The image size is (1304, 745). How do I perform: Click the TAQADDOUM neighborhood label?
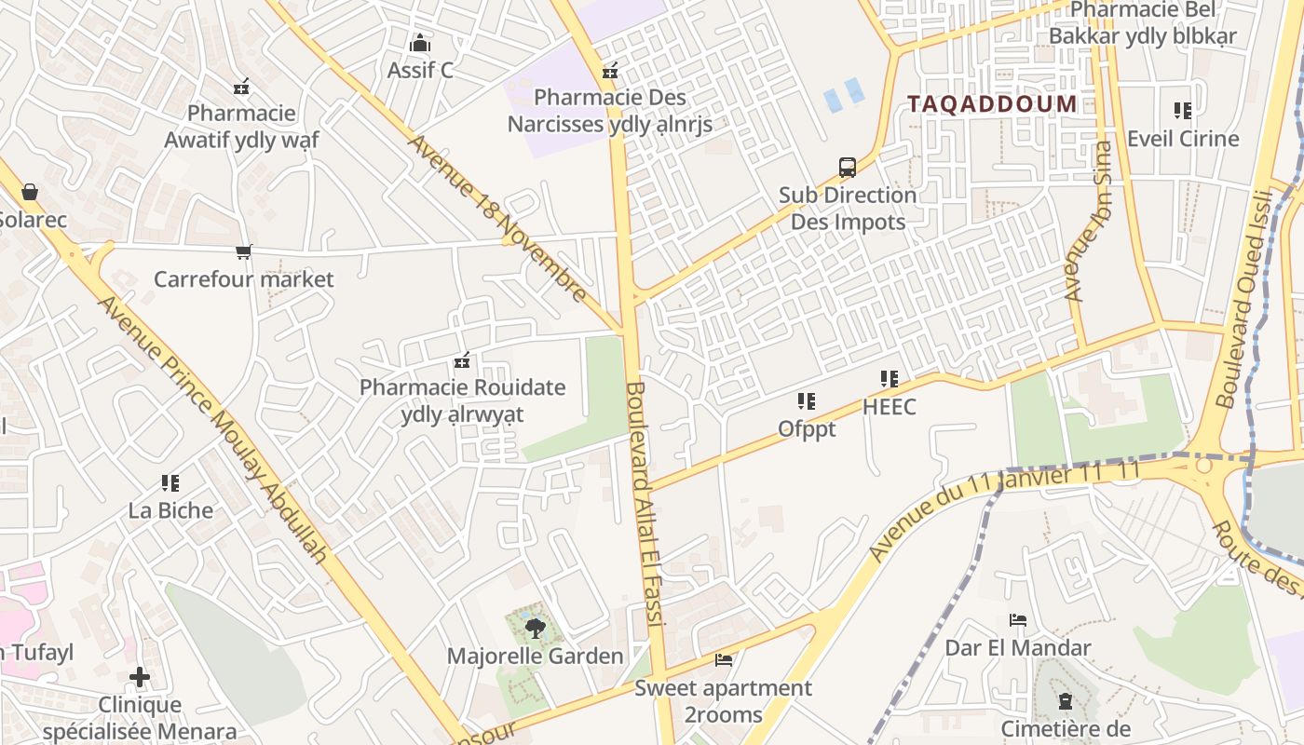[992, 103]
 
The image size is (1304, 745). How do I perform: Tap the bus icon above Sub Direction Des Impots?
[848, 168]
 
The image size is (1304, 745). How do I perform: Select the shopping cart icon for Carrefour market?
[244, 251]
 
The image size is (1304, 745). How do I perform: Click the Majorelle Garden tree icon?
[535, 629]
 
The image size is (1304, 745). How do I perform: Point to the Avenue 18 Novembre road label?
[498, 220]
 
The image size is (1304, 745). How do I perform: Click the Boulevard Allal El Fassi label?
[644, 503]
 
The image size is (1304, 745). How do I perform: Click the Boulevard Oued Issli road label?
[1244, 298]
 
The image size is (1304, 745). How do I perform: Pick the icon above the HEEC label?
[890, 379]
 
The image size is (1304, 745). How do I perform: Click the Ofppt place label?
[807, 429]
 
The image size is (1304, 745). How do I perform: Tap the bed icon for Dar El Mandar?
[1018, 620]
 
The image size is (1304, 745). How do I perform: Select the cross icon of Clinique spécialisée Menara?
[140, 677]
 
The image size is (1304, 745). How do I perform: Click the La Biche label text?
[170, 510]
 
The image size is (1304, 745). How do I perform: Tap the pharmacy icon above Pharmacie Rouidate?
[462, 360]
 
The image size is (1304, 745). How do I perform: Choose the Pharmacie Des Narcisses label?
[610, 110]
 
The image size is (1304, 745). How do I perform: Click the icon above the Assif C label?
[420, 44]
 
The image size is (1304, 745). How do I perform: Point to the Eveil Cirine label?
[1183, 139]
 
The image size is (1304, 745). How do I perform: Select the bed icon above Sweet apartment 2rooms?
[723, 660]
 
